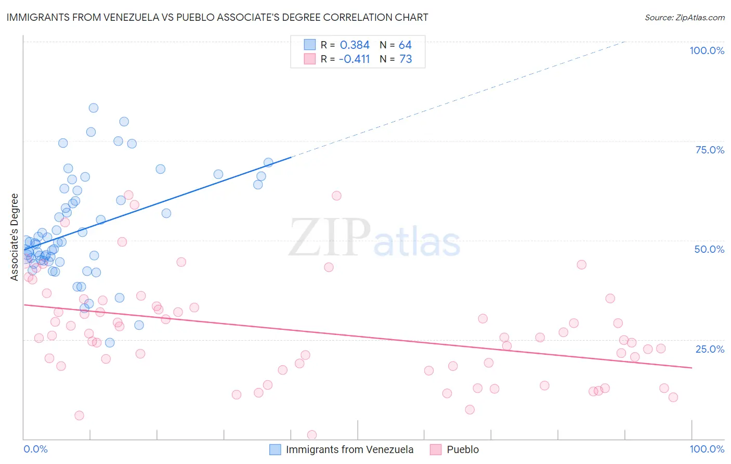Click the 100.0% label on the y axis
tap(707, 50)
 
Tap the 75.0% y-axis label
tap(710, 150)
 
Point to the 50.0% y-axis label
tap(709, 249)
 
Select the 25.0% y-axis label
tap(710, 349)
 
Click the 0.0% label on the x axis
tap(35, 449)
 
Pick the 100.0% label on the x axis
tap(707, 449)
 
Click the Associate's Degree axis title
tap(15, 237)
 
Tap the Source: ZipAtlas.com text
tap(684, 18)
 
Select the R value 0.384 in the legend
tap(355, 45)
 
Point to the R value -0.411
tap(354, 59)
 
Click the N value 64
tap(405, 45)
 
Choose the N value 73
tap(406, 59)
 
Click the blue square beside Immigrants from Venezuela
tap(275, 449)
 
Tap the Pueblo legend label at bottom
tap(463, 449)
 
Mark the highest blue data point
tap(94, 108)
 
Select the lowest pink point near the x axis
tap(312, 435)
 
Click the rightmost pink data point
tap(673, 397)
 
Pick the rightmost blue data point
tap(268, 163)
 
